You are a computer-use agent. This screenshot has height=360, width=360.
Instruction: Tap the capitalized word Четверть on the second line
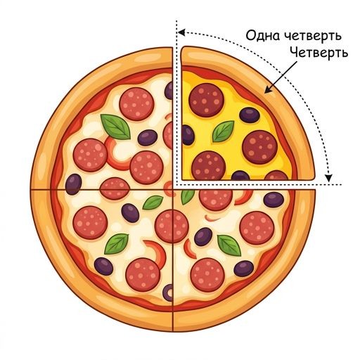(319, 53)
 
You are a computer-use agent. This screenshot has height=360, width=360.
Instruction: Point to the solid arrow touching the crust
(281, 77)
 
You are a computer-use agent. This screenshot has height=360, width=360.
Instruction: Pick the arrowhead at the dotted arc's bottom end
(329, 178)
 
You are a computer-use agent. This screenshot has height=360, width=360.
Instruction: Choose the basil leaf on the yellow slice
(224, 131)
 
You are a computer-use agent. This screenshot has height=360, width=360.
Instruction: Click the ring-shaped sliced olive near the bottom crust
(168, 292)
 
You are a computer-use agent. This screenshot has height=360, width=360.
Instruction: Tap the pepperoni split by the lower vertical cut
(172, 226)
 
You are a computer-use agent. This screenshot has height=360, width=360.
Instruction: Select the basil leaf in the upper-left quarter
(116, 127)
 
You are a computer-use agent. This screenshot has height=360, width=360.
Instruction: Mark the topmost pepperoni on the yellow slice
(206, 100)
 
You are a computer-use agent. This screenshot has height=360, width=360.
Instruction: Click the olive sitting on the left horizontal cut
(73, 184)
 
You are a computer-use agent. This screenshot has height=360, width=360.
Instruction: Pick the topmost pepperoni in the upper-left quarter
(137, 104)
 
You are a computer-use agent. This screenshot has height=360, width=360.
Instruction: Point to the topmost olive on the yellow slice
(250, 115)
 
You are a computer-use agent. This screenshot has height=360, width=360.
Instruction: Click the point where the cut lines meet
(173, 189)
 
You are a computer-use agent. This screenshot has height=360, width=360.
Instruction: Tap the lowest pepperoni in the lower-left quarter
(143, 275)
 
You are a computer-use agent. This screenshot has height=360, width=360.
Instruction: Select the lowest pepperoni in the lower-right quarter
(207, 275)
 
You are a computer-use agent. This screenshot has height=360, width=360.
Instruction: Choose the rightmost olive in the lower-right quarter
(274, 200)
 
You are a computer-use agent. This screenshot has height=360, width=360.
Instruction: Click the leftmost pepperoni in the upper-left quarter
(90, 155)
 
